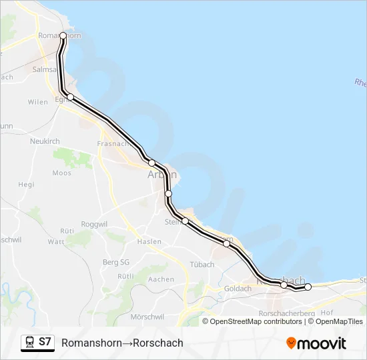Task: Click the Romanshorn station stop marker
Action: pyautogui.click(x=63, y=35)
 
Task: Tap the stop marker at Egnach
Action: pyautogui.click(x=70, y=97)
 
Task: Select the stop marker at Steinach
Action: pyautogui.click(x=185, y=221)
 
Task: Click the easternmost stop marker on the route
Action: pyautogui.click(x=308, y=287)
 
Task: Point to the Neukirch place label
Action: pyautogui.click(x=45, y=142)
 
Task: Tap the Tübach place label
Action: pyautogui.click(x=202, y=265)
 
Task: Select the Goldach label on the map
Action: pyautogui.click(x=238, y=289)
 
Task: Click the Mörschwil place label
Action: pyautogui.click(x=148, y=315)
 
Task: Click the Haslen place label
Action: pyautogui.click(x=150, y=241)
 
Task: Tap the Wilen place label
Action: pyautogui.click(x=37, y=102)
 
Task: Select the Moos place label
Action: pyautogui.click(x=61, y=173)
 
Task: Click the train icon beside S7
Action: pyautogui.click(x=30, y=343)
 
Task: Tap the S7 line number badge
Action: pyautogui.click(x=45, y=342)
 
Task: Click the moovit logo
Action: pyautogui.click(x=316, y=343)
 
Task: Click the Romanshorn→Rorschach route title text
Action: pyautogui.click(x=122, y=343)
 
